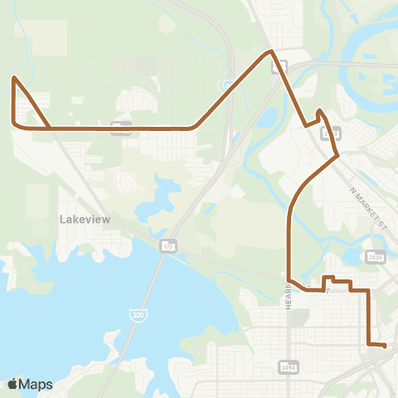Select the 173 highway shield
coord(168,246)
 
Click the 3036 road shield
coord(376,258)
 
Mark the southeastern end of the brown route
coord(386,345)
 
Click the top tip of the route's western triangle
coord(14,78)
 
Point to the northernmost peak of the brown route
coord(270,51)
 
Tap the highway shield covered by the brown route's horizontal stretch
coord(121,127)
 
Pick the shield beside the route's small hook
coord(332,131)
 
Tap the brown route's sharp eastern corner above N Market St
coord(337,154)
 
